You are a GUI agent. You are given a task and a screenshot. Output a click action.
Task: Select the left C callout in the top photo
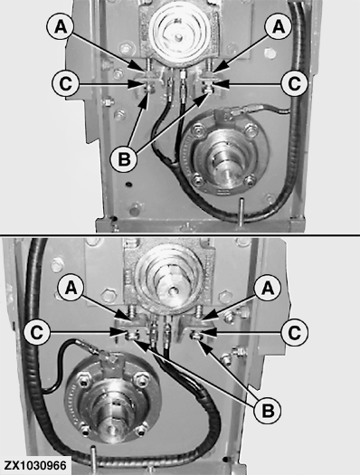tap(65, 83)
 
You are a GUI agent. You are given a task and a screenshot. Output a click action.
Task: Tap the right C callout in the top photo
tap(294, 83)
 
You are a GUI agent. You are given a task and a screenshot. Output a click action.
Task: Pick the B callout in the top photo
tap(124, 158)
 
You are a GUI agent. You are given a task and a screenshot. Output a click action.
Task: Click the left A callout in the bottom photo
tap(71, 287)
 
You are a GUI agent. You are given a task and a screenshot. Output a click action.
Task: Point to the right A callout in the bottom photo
tap(268, 287)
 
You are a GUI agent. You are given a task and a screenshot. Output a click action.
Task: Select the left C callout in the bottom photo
tap(36, 332)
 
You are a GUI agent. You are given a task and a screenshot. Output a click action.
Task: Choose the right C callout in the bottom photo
tap(294, 332)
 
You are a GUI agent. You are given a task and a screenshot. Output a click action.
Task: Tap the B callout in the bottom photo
tap(268, 411)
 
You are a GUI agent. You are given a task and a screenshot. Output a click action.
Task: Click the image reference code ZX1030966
tap(34, 465)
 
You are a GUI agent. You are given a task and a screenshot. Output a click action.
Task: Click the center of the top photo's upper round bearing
tap(179, 36)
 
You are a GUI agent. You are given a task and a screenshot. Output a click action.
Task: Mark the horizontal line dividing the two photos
tap(180, 235)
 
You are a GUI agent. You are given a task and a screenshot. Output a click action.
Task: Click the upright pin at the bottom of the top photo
tap(241, 212)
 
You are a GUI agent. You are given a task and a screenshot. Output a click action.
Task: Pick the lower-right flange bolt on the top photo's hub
tap(250, 181)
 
